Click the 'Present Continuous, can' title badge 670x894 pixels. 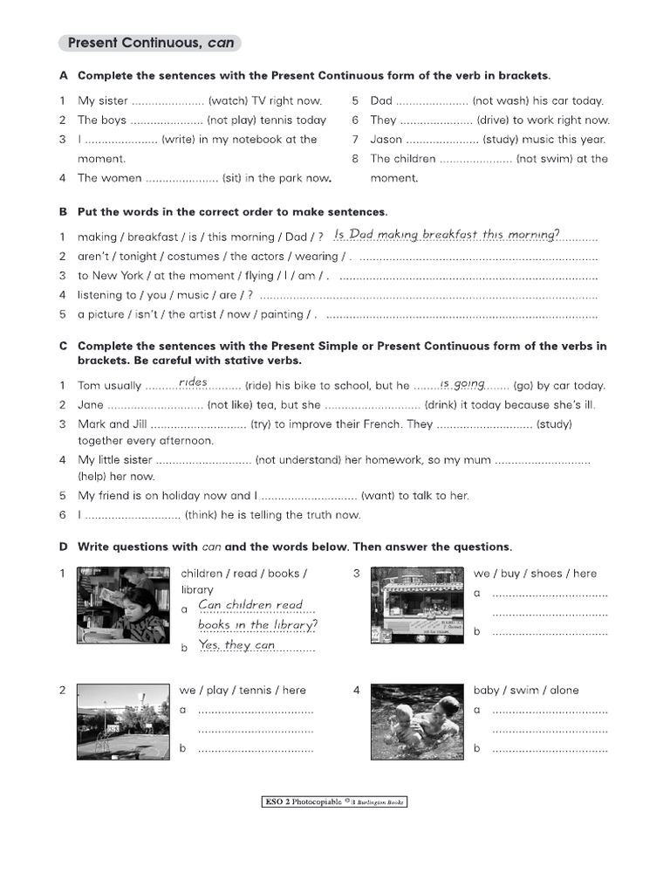coord(150,43)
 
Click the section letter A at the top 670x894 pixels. coord(64,76)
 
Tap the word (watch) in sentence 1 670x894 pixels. coord(229,101)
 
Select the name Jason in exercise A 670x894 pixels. coord(386,140)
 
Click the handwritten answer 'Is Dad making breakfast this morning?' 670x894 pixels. coord(447,234)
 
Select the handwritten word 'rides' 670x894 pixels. coord(193,382)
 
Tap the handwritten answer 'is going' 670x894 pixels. coord(462,383)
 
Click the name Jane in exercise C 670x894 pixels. coord(91,405)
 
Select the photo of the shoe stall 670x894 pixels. coord(417,605)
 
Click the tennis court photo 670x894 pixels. coord(123,722)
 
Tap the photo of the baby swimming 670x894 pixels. coord(417,722)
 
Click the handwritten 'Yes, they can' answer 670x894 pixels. coord(236,645)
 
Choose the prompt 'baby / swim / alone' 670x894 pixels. coord(526,691)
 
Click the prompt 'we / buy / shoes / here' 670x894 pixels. coord(535,574)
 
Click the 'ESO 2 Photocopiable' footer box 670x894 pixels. coord(334,801)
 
